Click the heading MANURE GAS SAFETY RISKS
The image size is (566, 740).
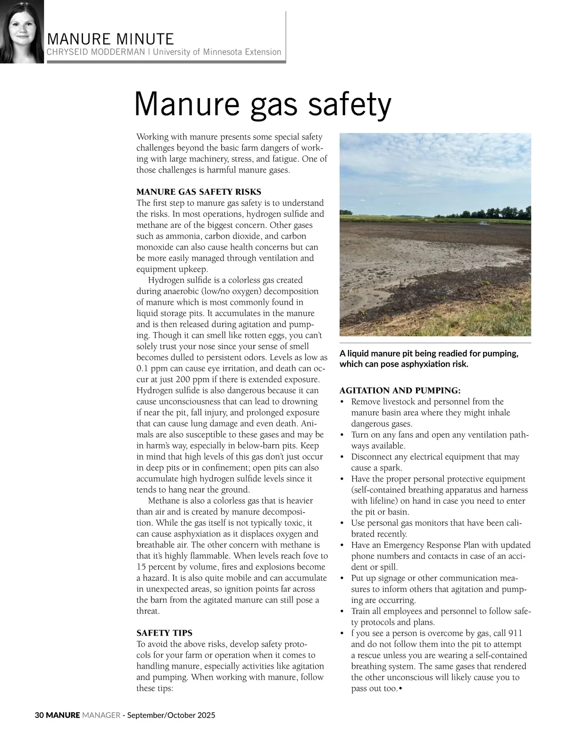(199, 192)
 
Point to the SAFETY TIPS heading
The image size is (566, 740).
(164, 633)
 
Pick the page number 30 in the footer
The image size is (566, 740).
(40, 715)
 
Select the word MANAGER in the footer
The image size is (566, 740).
(101, 715)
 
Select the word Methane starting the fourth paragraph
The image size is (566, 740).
(164, 501)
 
